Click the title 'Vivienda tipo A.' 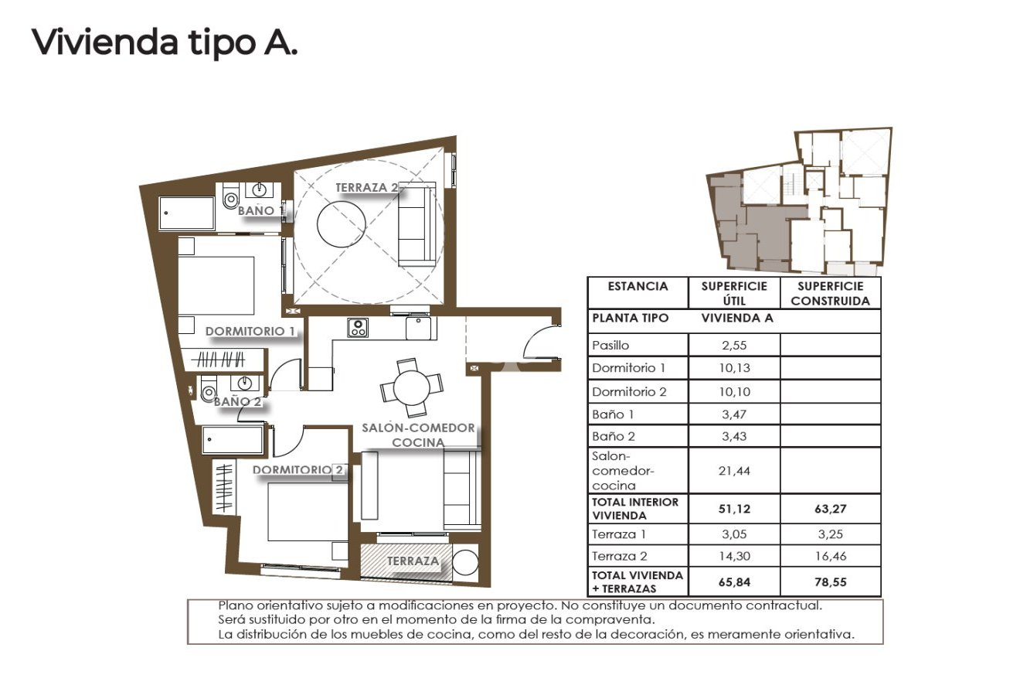pyautogui.click(x=164, y=43)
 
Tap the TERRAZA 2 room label pyautogui.click(x=367, y=188)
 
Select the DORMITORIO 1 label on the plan pyautogui.click(x=250, y=331)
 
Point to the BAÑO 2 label pyautogui.click(x=238, y=401)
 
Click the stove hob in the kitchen pyautogui.click(x=357, y=327)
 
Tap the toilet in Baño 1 pyautogui.click(x=229, y=200)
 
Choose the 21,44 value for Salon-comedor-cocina pyautogui.click(x=733, y=470)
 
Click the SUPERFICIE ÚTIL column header pyautogui.click(x=733, y=293)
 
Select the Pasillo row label pyautogui.click(x=610, y=346)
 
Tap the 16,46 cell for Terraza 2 pyautogui.click(x=831, y=555)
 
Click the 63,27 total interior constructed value pyautogui.click(x=831, y=509)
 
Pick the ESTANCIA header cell pyautogui.click(x=637, y=286)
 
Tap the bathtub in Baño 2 pyautogui.click(x=233, y=441)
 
